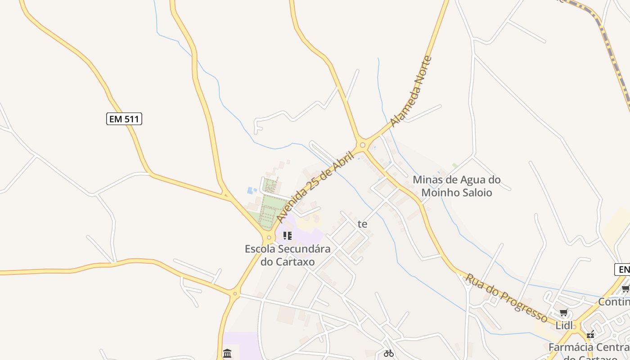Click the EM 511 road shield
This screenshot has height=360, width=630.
tap(124, 119)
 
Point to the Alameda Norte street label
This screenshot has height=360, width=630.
tap(411, 91)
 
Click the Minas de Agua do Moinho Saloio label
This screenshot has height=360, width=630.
tap(456, 186)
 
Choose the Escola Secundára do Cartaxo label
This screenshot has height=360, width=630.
tap(288, 255)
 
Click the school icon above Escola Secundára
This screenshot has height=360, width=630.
tap(288, 235)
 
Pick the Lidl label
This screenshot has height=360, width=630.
tap(563, 325)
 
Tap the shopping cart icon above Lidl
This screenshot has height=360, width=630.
tap(563, 313)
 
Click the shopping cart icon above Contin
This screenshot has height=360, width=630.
tap(625, 289)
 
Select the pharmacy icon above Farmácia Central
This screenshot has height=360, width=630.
tap(590, 334)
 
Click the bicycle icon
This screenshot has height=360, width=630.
tap(389, 353)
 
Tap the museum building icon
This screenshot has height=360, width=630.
tap(227, 353)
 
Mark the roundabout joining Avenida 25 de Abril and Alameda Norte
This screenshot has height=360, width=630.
tap(363, 145)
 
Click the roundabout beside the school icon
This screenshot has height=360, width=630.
tap(269, 237)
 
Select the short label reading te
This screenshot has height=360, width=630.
tap(362, 224)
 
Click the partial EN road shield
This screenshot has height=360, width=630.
tap(623, 270)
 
